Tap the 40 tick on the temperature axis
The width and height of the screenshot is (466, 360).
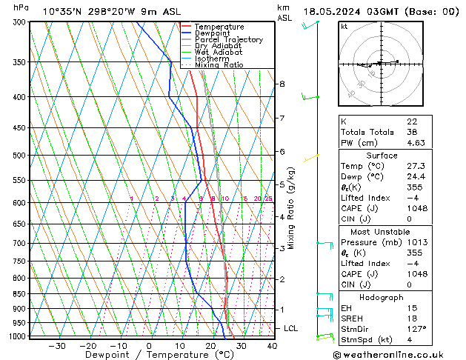pyautogui.click(x=272, y=346)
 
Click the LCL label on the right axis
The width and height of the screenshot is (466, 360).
pyautogui.click(x=291, y=328)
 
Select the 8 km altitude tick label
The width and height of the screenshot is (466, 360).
pyautogui.click(x=282, y=84)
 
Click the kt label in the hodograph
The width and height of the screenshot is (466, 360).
pyautogui.click(x=344, y=27)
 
